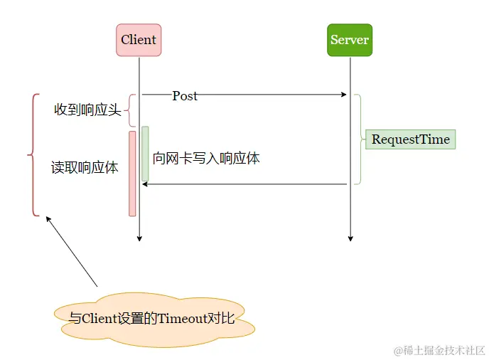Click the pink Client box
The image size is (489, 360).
click(139, 40)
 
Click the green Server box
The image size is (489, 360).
click(350, 40)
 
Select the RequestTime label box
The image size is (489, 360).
click(410, 139)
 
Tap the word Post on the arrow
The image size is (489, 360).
click(185, 96)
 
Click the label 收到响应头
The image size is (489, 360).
click(87, 110)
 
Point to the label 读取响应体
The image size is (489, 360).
click(85, 168)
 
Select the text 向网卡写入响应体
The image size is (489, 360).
click(206, 158)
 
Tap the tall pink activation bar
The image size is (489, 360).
click(132, 173)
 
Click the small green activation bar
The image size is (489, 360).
click(145, 154)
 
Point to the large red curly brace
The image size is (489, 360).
click(33, 154)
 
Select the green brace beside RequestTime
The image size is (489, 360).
click(359, 139)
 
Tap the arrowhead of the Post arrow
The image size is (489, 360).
click(344, 95)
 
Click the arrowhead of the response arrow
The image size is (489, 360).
click(145, 184)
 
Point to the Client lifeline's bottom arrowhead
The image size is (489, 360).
click(139, 238)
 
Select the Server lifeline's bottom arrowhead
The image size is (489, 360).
click(350, 238)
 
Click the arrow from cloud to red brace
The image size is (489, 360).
click(71, 251)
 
